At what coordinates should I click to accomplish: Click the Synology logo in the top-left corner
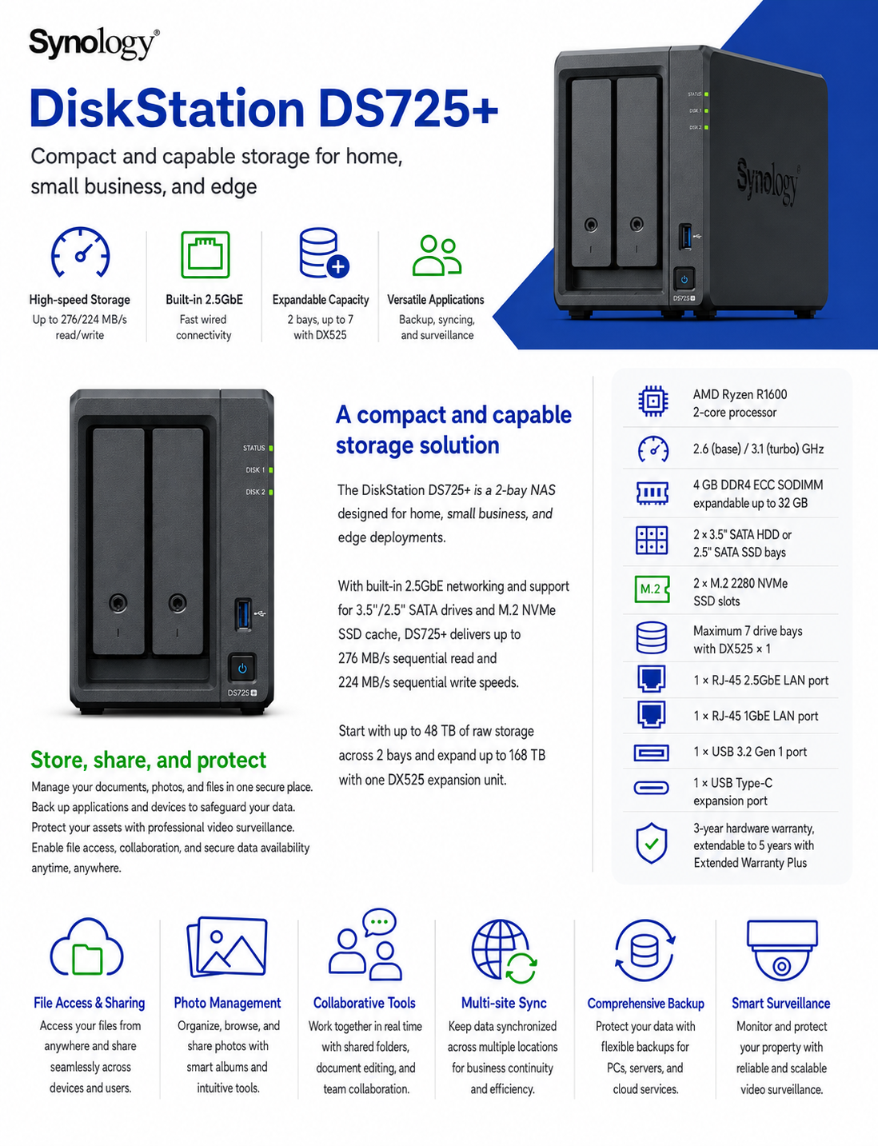point(94,44)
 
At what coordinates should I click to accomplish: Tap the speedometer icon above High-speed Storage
point(80,252)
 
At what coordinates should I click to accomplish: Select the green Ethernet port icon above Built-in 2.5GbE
point(206,254)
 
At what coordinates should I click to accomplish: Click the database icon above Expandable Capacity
point(324,254)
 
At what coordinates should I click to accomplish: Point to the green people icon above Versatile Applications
point(437,256)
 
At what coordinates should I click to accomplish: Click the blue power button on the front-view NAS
point(242,669)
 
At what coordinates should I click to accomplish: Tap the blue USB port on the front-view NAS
point(243,614)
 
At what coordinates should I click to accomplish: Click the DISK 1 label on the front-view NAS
point(255,470)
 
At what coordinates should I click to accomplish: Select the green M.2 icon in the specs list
point(652,589)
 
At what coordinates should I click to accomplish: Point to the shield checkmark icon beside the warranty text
point(652,843)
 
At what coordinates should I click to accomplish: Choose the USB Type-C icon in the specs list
point(651,788)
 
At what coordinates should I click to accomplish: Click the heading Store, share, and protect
point(148,760)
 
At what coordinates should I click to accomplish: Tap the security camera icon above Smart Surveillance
point(781,949)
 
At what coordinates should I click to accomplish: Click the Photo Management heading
point(227,1003)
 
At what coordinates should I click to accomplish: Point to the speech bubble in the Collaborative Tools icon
point(379,921)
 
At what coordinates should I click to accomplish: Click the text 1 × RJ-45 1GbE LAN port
point(756,716)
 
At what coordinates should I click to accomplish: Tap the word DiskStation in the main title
point(167,110)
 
